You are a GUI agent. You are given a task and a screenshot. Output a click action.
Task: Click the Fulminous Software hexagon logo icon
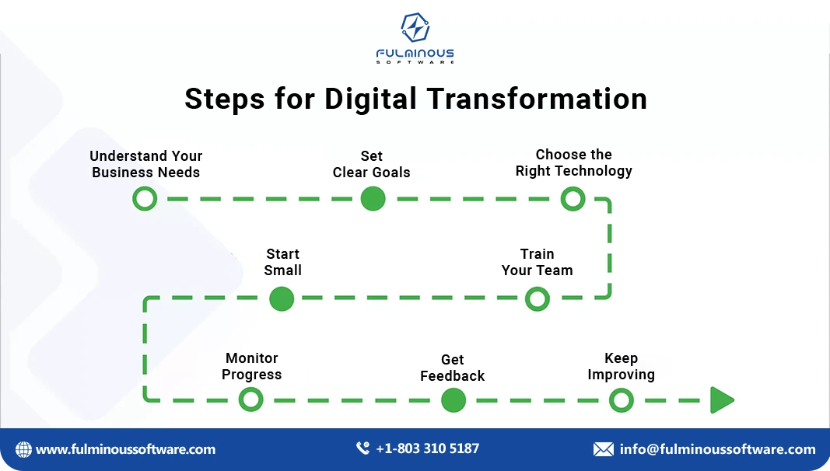pyautogui.click(x=415, y=28)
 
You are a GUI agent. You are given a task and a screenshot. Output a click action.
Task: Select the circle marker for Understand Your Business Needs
pyautogui.click(x=145, y=199)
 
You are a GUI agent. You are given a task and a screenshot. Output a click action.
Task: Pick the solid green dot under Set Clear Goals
pyautogui.click(x=373, y=199)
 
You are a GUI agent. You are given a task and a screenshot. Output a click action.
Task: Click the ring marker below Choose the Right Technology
pyautogui.click(x=573, y=199)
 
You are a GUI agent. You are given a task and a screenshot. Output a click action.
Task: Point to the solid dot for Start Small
pyautogui.click(x=282, y=299)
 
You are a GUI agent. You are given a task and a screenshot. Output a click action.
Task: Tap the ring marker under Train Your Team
pyautogui.click(x=537, y=299)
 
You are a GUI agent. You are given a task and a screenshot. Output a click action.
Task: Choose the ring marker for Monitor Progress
pyautogui.click(x=250, y=400)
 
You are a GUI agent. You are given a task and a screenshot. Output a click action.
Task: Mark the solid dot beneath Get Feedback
pyautogui.click(x=453, y=400)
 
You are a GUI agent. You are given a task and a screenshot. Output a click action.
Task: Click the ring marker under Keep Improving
pyautogui.click(x=621, y=400)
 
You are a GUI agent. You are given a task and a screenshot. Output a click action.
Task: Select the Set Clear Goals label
pyautogui.click(x=372, y=164)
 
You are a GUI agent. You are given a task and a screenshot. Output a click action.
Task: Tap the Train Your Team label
pyautogui.click(x=537, y=262)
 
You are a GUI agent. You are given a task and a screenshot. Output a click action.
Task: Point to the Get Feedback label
pyautogui.click(x=452, y=368)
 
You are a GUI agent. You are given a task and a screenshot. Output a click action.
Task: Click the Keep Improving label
pyautogui.click(x=621, y=366)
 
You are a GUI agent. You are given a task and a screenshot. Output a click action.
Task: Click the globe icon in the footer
pyautogui.click(x=24, y=449)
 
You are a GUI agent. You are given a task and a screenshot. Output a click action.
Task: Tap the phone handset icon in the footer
pyautogui.click(x=362, y=448)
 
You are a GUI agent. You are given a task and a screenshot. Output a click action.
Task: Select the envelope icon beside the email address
pyautogui.click(x=603, y=449)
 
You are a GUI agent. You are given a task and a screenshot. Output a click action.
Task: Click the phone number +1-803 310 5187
pyautogui.click(x=427, y=448)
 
